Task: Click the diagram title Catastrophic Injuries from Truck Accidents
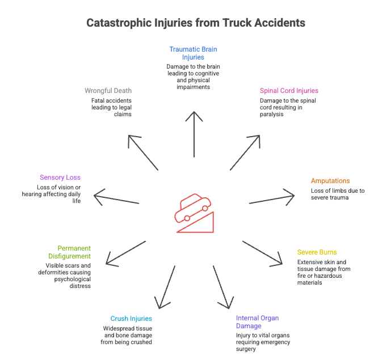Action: pos(195,23)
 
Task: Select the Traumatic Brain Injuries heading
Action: pos(193,53)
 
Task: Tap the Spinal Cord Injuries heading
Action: pos(289,91)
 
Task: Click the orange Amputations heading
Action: pos(330,181)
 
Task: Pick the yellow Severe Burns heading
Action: pos(317,252)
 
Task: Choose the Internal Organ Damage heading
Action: pos(258,322)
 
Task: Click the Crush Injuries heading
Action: pos(132,319)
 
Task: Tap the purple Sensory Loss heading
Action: pos(60,177)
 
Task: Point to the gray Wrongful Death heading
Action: pos(108,91)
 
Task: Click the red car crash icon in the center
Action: pos(195,213)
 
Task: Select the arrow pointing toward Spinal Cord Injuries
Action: pos(245,153)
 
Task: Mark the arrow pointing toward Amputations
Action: pos(272,198)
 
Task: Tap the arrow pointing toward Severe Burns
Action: pos(262,252)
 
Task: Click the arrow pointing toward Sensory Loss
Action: pos(116,198)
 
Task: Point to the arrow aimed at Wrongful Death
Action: pos(143,153)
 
